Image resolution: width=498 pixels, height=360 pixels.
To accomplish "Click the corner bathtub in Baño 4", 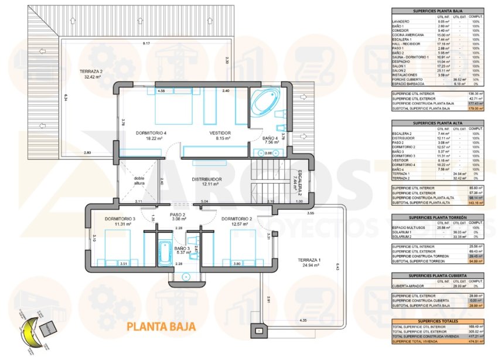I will pos(265,103).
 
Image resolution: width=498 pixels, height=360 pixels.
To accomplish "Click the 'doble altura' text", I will pos(139,181).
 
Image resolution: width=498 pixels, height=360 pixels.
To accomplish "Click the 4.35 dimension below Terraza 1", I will pos(302,320).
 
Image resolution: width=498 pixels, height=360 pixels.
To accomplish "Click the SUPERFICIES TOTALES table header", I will pos(437,321).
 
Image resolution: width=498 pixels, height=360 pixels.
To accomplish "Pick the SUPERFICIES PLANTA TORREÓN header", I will pos(437,217).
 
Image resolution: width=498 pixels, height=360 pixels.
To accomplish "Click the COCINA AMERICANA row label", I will pos(409,35).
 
